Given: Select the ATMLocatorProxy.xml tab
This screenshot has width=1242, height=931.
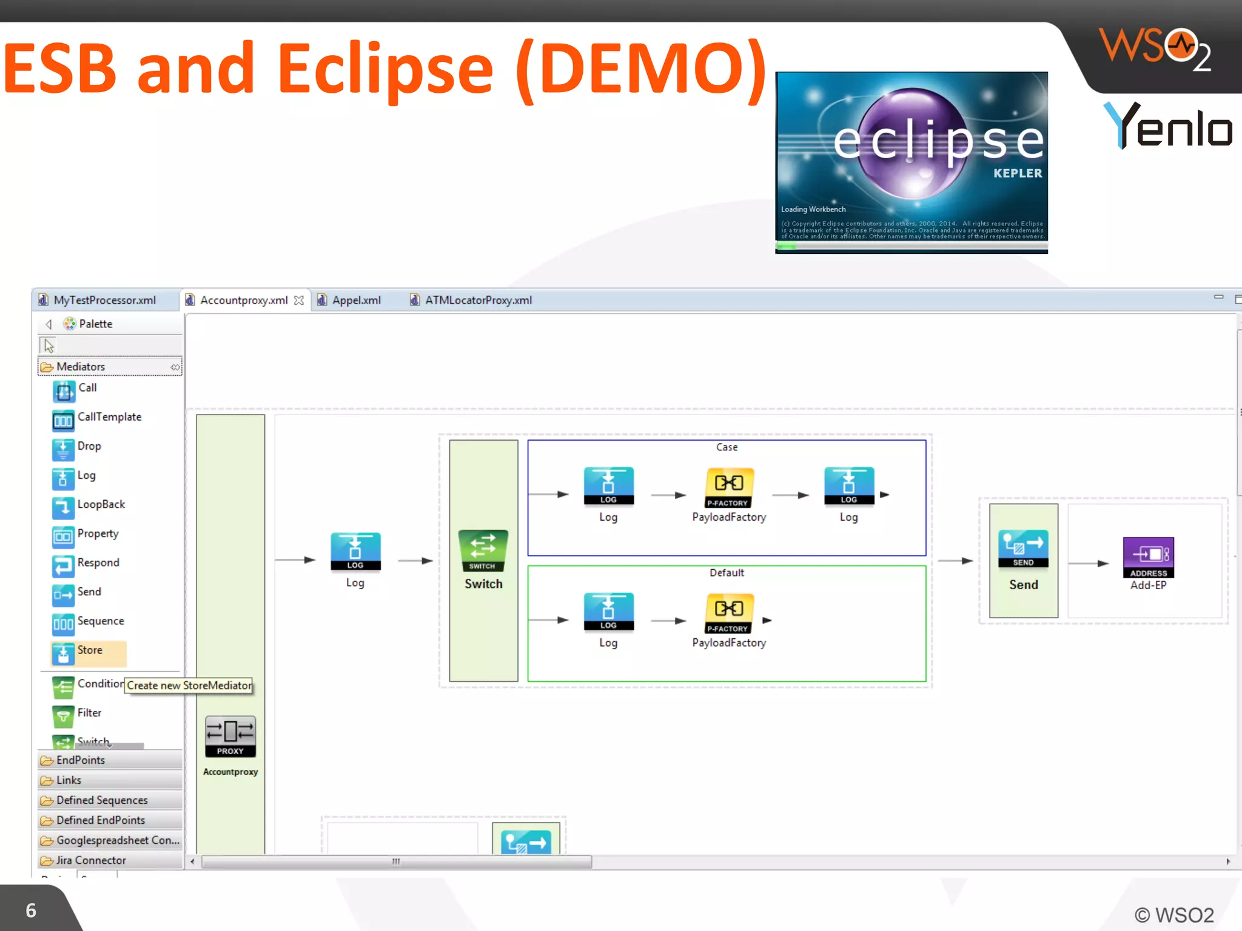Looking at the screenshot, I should point(478,300).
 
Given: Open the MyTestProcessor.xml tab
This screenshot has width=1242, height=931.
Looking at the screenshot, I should point(104,300).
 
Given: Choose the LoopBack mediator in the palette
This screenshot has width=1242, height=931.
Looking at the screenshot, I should point(100,505).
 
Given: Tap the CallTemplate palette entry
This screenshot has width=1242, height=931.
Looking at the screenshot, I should point(109,418).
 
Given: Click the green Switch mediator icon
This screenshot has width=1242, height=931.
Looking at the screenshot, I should point(483,550).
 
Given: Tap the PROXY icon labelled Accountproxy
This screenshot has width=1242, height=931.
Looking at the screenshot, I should point(230,736).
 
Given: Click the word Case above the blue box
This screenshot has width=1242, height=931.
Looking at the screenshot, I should point(727,447).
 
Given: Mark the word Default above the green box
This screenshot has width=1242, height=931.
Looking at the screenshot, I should point(727,573).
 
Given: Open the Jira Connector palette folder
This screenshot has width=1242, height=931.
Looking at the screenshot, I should point(91,860).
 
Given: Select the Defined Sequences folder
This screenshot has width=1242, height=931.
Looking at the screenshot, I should point(101,800).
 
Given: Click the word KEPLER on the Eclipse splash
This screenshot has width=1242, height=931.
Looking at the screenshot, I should point(1018,173).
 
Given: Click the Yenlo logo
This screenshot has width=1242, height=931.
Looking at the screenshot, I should point(1167,125).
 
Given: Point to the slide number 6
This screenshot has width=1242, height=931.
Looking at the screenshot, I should point(31,910).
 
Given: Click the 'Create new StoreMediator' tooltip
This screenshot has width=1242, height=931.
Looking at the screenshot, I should point(189,686).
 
